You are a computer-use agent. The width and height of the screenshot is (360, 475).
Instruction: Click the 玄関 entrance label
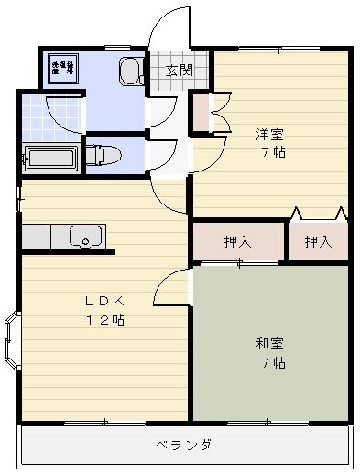click(179, 71)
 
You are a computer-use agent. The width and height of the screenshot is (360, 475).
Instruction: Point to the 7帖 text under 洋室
click(271, 152)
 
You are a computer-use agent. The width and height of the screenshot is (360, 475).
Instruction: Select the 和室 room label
click(269, 344)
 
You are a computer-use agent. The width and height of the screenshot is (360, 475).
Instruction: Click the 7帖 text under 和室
click(271, 362)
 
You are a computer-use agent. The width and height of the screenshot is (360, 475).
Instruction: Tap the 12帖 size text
click(106, 320)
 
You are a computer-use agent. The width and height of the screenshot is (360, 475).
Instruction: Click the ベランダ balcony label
click(184, 445)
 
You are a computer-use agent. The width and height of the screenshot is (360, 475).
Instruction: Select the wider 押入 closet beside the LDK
click(237, 243)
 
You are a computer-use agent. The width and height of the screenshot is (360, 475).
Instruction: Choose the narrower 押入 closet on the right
click(317, 243)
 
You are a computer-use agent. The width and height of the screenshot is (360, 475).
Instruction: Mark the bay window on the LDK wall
click(12, 341)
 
